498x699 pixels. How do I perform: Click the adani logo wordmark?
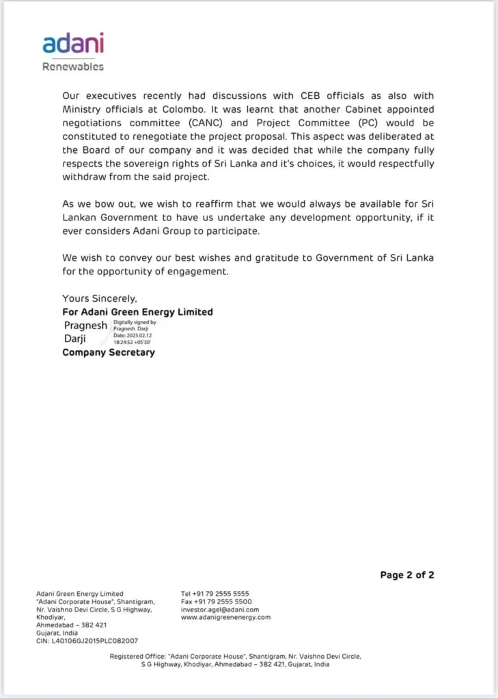pos(73,43)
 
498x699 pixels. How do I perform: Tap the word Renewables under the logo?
pos(73,67)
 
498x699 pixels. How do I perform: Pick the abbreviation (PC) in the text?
pos(367,123)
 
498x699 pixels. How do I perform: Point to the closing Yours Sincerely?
pos(100,298)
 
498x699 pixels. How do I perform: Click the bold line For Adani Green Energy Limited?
pos(137,312)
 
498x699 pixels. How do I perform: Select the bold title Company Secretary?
pos(109,353)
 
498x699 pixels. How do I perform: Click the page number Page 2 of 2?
pos(407,575)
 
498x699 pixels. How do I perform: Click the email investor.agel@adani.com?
pos(220,610)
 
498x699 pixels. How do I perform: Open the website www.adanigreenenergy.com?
pos(226,618)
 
